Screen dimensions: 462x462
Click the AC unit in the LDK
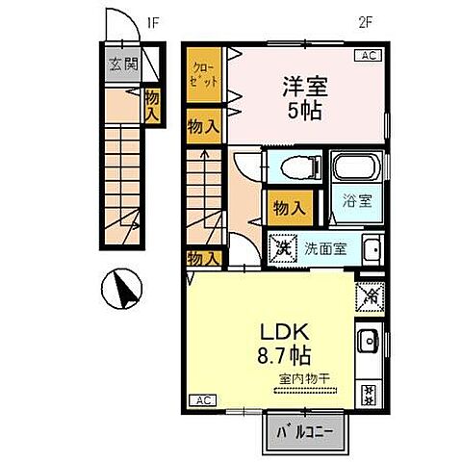[x=202, y=399]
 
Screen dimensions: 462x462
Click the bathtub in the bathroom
[x=355, y=172]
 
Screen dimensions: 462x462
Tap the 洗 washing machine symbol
[x=284, y=247]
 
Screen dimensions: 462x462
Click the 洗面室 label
[x=326, y=248]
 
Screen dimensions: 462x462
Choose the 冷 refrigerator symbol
[x=370, y=295]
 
